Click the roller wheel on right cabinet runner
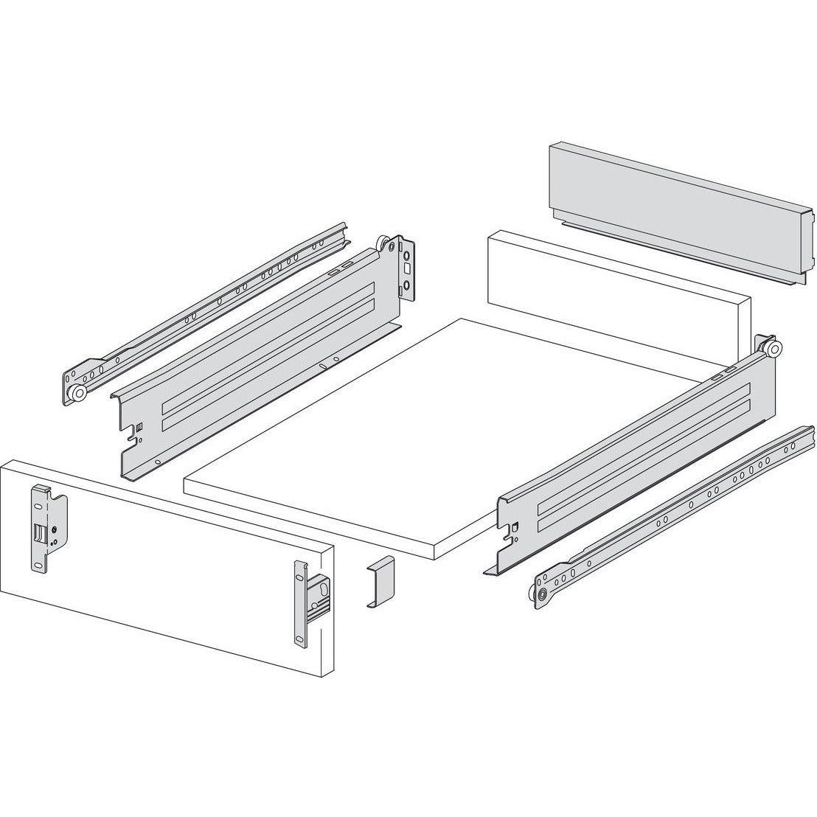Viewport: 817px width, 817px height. point(543,595)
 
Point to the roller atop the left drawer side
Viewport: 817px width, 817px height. point(384,245)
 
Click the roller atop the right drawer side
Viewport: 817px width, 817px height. point(770,348)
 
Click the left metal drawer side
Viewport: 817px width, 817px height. point(258,361)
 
